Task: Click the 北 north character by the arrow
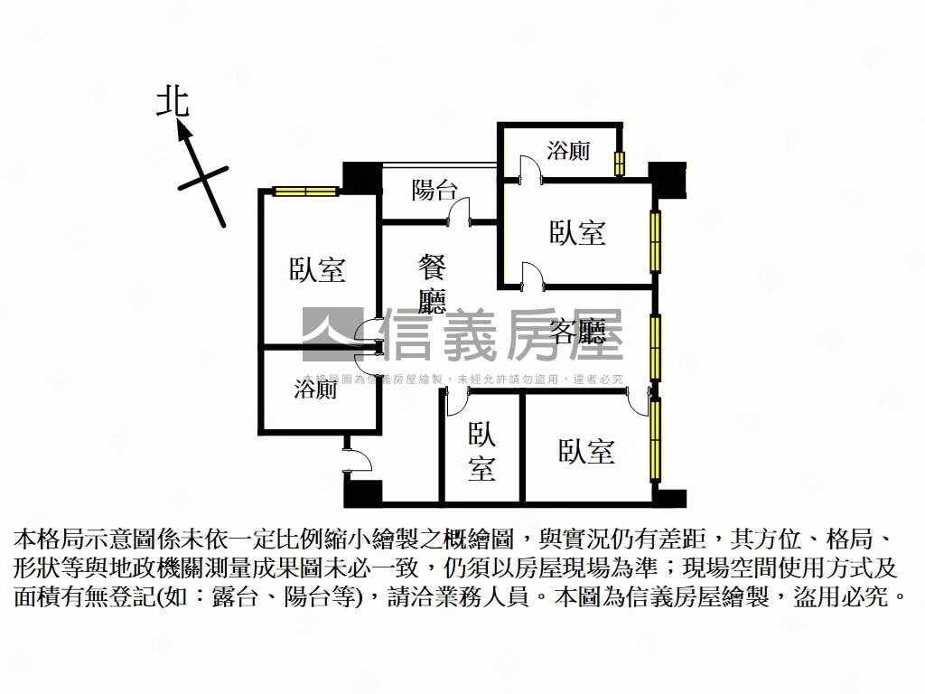pyautogui.click(x=173, y=100)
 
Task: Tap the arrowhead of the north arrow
pyautogui.click(x=184, y=132)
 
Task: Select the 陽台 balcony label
pyautogui.click(x=434, y=190)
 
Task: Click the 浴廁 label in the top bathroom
pyautogui.click(x=569, y=150)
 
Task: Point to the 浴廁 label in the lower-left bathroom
pyautogui.click(x=315, y=389)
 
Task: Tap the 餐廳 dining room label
pyautogui.click(x=433, y=283)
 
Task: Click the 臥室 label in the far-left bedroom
pyautogui.click(x=317, y=269)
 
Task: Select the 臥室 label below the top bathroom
pyautogui.click(x=577, y=233)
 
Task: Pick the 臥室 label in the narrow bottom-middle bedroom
pyautogui.click(x=481, y=452)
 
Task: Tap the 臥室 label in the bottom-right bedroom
pyautogui.click(x=586, y=451)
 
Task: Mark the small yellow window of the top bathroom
pyautogui.click(x=620, y=164)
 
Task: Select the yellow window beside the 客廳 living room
pyautogui.click(x=656, y=347)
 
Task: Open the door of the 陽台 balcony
pyautogui.click(x=462, y=212)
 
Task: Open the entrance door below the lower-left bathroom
pyautogui.click(x=357, y=459)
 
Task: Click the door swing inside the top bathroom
pyautogui.click(x=530, y=166)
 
